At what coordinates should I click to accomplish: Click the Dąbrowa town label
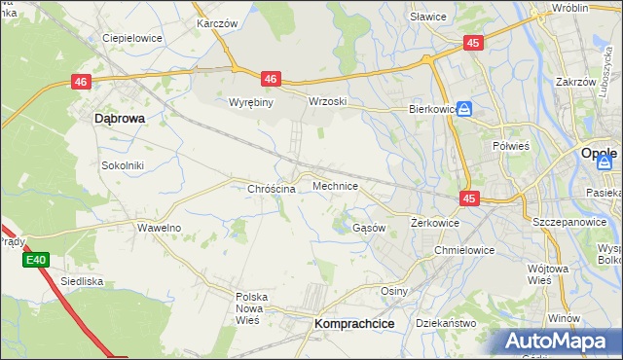coord(119,118)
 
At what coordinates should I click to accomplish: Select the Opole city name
coord(598,154)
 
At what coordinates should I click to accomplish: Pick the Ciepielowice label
coord(132,38)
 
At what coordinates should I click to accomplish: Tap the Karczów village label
coord(218,21)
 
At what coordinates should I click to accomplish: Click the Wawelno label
coord(159,228)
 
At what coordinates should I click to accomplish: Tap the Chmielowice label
coord(464,250)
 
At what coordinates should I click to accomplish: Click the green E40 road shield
coord(36,260)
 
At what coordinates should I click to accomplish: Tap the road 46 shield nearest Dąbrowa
coord(81,85)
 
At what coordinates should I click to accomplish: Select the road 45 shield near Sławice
coord(472,43)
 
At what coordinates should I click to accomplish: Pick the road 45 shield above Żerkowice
coord(470,198)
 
